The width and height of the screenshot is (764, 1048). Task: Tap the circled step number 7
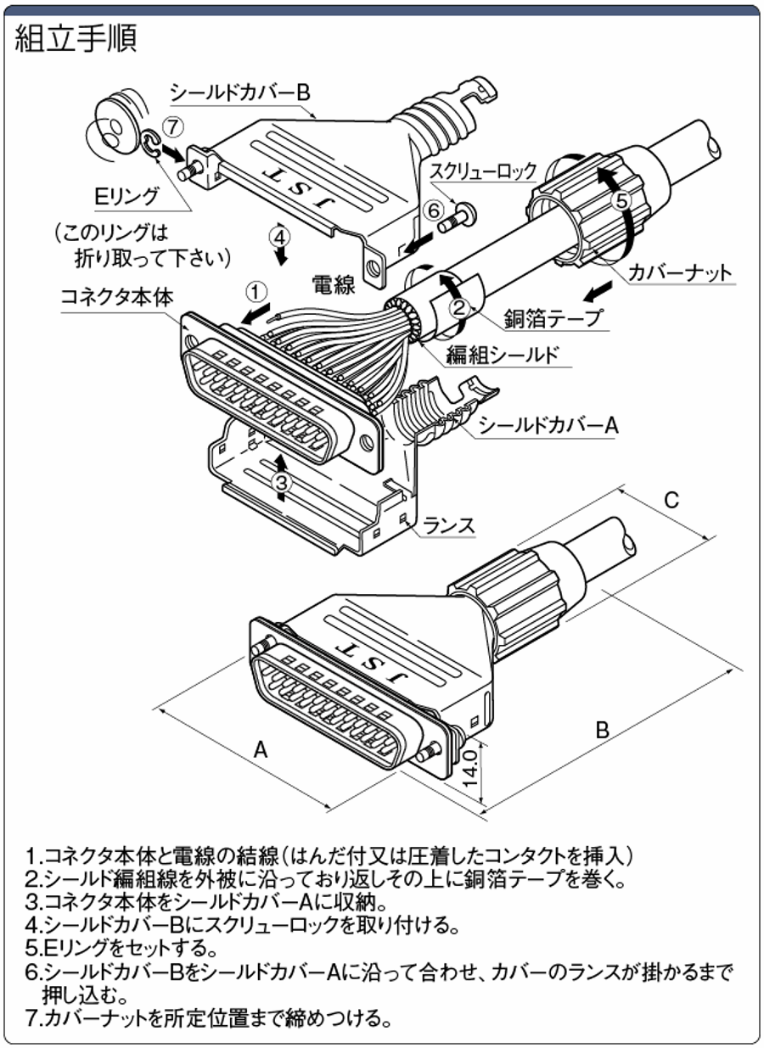pyautogui.click(x=173, y=126)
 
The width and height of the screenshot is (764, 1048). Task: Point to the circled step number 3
pyautogui.click(x=283, y=481)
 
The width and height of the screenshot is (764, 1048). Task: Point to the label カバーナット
pyautogui.click(x=680, y=272)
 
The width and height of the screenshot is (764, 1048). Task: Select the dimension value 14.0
pyautogui.click(x=472, y=767)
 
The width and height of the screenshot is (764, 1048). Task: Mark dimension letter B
pyautogui.click(x=601, y=728)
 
